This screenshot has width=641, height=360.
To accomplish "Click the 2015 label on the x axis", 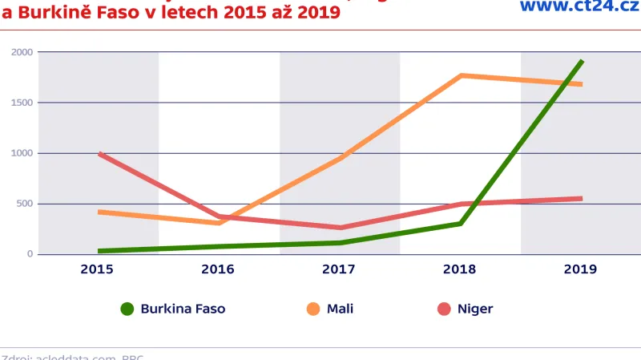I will click(97, 269).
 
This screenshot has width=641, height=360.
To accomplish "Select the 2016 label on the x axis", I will click(218, 269).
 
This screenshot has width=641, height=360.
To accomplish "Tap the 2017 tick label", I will click(339, 269).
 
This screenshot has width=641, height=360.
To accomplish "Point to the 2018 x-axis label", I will click(460, 269).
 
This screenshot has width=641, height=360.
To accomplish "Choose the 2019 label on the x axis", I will click(580, 269).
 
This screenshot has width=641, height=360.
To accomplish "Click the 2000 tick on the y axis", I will click(22, 52).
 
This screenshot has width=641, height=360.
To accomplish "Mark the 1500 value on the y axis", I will click(22, 103).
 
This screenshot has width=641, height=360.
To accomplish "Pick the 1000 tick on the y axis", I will click(22, 153).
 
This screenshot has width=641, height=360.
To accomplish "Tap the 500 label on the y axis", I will click(25, 204).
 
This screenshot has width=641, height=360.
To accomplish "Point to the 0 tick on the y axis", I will click(30, 254).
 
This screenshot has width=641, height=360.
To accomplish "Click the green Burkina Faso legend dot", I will click(127, 309).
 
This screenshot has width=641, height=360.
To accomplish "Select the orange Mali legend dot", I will click(312, 309).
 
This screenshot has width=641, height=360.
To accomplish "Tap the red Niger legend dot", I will click(443, 309).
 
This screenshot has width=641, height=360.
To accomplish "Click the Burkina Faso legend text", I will click(183, 309).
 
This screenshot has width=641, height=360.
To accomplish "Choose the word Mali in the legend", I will click(341, 309).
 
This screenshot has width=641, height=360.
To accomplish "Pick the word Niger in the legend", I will click(475, 309).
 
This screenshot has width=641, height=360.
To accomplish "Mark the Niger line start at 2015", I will click(100, 153).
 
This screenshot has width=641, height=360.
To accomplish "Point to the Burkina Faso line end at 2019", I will click(581, 61).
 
